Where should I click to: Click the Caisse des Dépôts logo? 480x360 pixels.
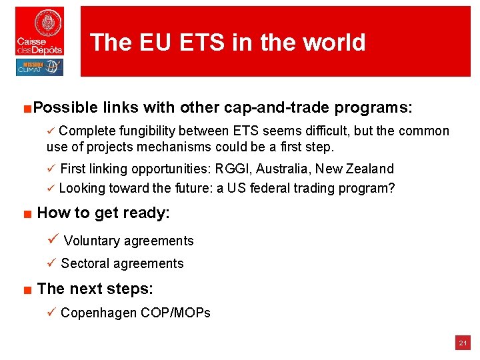tap(40, 31)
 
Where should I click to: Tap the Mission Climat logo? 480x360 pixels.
tap(40, 67)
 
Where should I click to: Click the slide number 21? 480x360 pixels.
tap(462, 343)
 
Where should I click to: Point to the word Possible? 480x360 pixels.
tap(65, 107)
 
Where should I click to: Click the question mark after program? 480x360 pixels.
tap(391, 188)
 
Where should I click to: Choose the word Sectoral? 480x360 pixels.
tap(86, 263)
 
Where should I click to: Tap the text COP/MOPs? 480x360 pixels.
tap(175, 312)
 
